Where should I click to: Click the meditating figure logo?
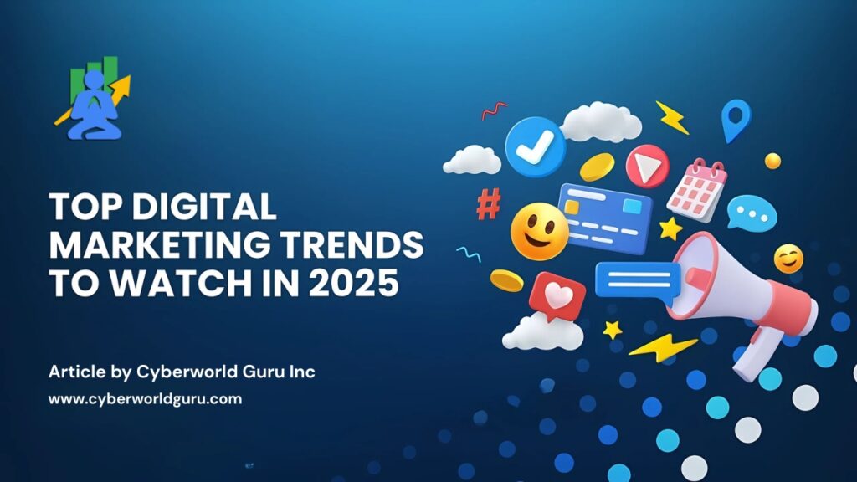(93, 99)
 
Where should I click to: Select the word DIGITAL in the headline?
(204, 207)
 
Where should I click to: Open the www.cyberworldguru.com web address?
(145, 399)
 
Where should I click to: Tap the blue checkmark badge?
(535, 146)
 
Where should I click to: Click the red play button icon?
(647, 167)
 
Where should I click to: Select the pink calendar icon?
(697, 189)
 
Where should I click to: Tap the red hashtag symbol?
(488, 203)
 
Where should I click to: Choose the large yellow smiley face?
(539, 231)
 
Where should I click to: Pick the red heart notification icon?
(557, 297)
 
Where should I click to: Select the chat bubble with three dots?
(752, 213)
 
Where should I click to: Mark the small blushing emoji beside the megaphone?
(788, 259)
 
